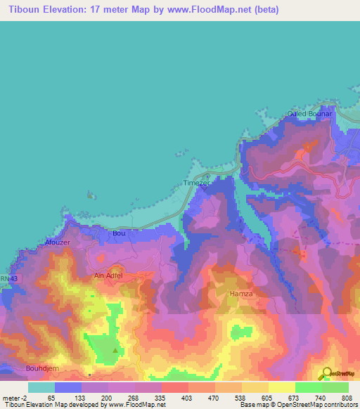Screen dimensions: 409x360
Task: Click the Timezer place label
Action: [x=197, y=183]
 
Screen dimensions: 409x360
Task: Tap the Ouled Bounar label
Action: [x=309, y=114]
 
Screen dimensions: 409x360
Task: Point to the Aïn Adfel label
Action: [x=108, y=276]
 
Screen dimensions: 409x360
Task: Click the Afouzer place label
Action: [x=58, y=242]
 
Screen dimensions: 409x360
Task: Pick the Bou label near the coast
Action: [x=118, y=232]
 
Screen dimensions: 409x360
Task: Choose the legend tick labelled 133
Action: [x=83, y=397]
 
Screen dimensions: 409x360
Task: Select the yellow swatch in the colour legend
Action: [x=282, y=387]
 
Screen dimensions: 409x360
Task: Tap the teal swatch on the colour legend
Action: [x=41, y=387]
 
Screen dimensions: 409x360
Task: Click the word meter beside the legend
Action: [x=14, y=397]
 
